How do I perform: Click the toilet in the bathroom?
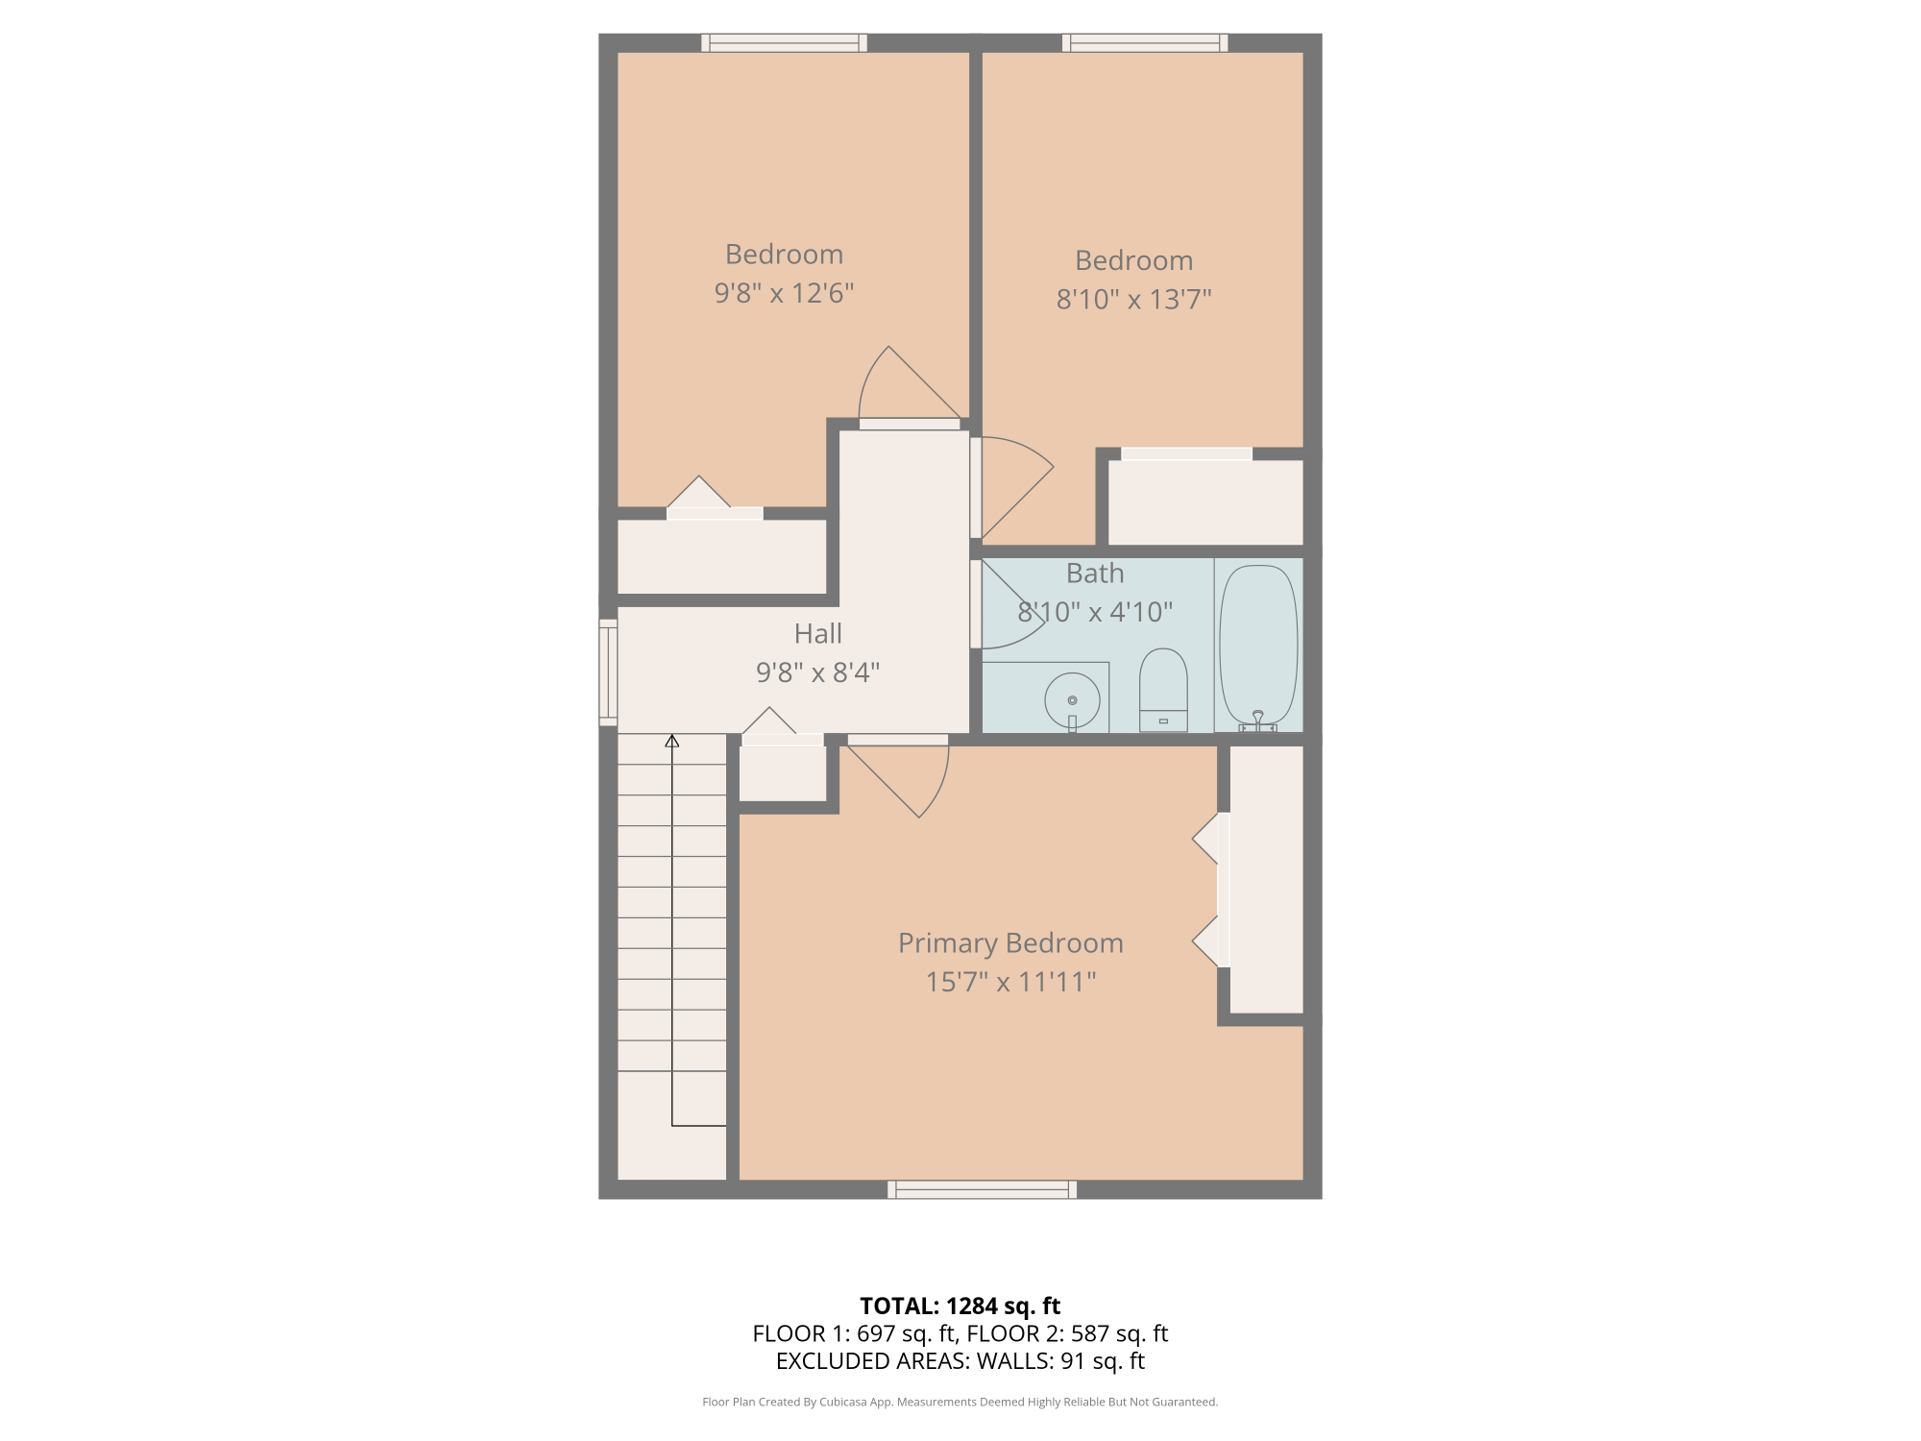1163,691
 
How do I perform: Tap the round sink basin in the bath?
1072,700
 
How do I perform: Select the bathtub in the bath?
1258,646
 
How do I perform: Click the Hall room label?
818,634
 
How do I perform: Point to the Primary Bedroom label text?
1010,943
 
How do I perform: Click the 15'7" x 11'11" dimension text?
1010,982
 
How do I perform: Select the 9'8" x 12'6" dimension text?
784,293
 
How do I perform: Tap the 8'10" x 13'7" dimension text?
1133,300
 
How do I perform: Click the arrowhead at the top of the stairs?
672,741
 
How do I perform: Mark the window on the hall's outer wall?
608,672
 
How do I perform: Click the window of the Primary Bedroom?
982,1189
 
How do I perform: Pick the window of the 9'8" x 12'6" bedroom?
784,43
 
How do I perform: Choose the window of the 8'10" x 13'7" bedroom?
1145,43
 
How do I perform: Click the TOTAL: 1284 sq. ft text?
960,1307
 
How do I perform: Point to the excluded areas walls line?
960,1361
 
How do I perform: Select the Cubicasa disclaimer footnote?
960,1403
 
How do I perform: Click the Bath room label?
1095,574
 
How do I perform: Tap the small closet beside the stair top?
783,772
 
